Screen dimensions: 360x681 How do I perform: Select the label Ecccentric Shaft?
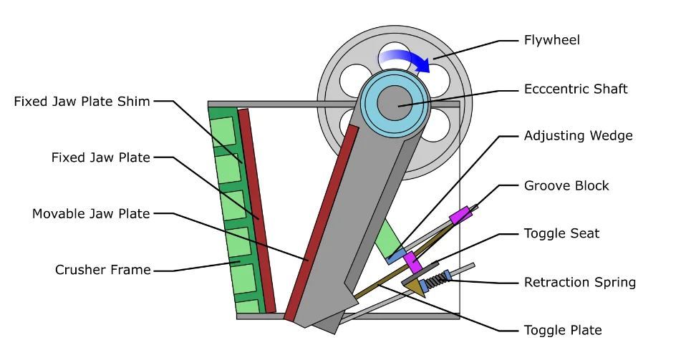[575, 89]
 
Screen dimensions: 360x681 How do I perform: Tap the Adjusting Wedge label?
[578, 135]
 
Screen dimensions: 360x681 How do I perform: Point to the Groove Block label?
[566, 185]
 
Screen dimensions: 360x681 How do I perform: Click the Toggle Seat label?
[561, 233]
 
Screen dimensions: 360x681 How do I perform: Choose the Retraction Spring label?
[579, 282]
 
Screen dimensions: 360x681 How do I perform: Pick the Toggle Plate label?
[563, 330]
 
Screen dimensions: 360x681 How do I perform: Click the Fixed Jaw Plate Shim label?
[82, 102]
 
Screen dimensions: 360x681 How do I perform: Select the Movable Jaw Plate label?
[91, 213]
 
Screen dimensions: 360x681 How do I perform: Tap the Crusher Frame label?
[103, 270]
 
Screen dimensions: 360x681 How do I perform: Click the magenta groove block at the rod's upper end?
[460, 214]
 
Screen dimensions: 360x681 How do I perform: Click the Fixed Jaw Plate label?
[101, 157]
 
